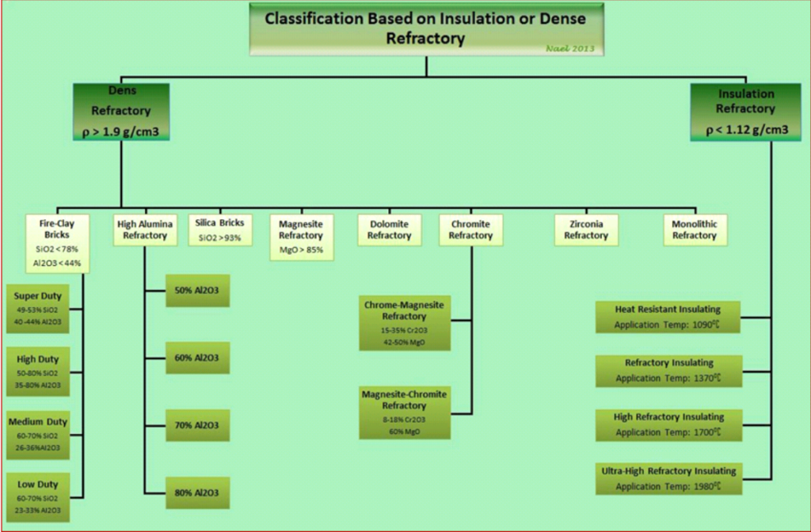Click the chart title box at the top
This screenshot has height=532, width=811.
pyautogui.click(x=426, y=29)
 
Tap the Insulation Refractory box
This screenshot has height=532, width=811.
pyautogui.click(x=746, y=112)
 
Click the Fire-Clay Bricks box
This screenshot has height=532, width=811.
pyautogui.click(x=56, y=242)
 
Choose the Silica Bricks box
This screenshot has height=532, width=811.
pyautogui.click(x=220, y=230)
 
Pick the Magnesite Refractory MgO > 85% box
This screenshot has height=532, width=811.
pyautogui.click(x=301, y=235)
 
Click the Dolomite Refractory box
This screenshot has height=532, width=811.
pyautogui.click(x=389, y=230)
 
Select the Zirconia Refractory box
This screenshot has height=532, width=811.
pyautogui.click(x=586, y=230)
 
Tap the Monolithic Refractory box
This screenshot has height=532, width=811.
pyautogui.click(x=695, y=230)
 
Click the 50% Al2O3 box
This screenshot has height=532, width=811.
pyautogui.click(x=197, y=291)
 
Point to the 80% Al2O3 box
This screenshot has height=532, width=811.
pyautogui.click(x=197, y=493)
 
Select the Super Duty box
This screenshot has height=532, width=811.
pyautogui.click(x=38, y=309)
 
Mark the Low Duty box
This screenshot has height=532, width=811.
pyautogui.click(x=38, y=497)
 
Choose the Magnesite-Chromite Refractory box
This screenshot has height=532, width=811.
pyautogui.click(x=404, y=412)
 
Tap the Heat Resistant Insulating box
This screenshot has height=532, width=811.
pyautogui.click(x=668, y=317)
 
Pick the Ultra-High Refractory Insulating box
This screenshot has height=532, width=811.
pyautogui.click(x=668, y=478)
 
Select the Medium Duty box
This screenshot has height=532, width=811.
pyautogui.click(x=38, y=435)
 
